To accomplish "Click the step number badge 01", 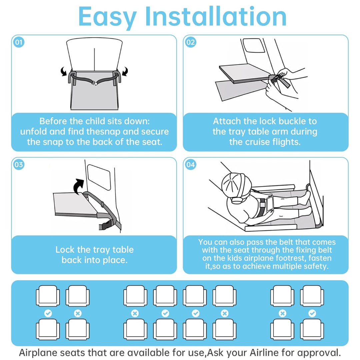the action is pos(19,42).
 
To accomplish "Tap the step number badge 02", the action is pos(191,42).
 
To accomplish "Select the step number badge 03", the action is pos(19,165).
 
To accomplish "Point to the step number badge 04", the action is pos(191,165).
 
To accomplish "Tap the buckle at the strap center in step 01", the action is pos(94,83).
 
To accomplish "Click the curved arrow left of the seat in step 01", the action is pos(64,71).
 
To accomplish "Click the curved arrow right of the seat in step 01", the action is pos(125,71).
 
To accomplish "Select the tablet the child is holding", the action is pos(270,204).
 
